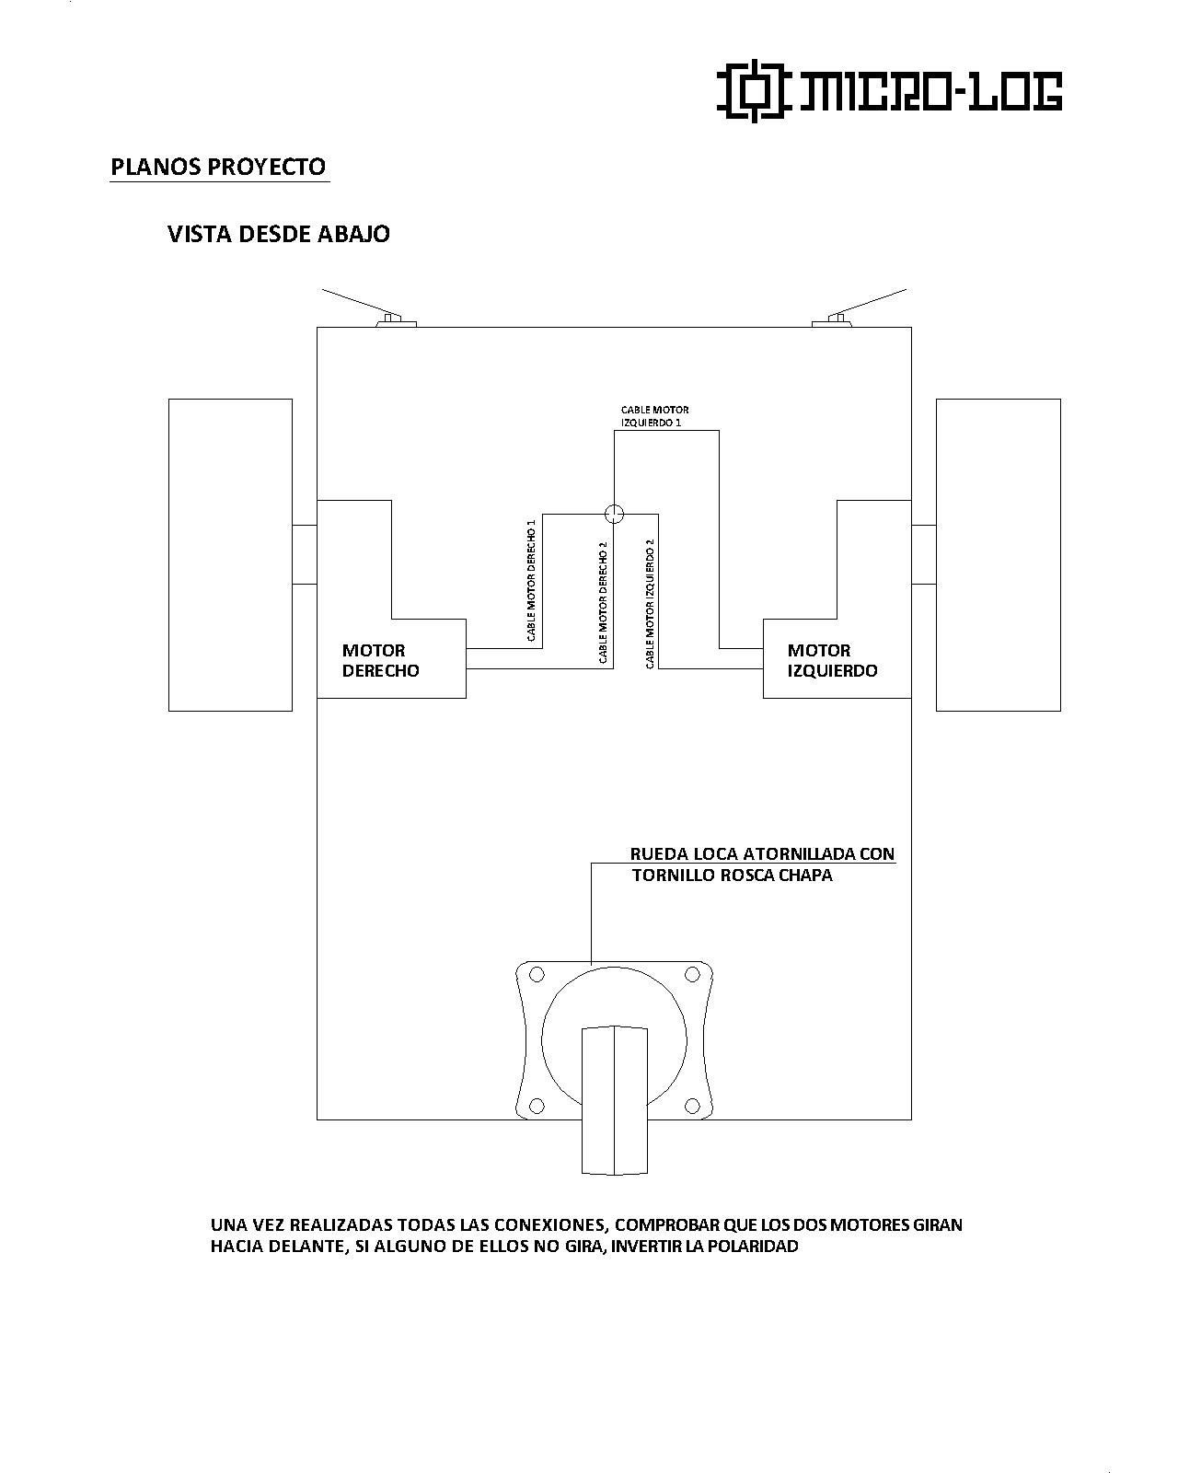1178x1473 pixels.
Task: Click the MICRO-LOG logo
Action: click(889, 91)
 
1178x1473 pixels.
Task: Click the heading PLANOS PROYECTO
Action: click(218, 167)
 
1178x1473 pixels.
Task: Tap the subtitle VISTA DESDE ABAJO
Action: click(278, 234)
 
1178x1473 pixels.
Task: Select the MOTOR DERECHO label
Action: click(380, 660)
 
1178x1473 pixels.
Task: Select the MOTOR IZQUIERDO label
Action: click(832, 660)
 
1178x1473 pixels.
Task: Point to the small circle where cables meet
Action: click(614, 513)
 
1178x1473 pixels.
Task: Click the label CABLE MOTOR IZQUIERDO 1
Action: click(654, 416)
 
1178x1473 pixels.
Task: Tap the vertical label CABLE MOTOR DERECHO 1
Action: click(531, 580)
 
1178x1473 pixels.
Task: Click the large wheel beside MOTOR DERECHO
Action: click(230, 554)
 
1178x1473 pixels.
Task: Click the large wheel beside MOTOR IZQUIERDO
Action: click(998, 554)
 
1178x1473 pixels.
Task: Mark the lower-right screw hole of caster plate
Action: click(691, 1105)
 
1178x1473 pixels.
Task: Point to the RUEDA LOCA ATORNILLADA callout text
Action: click(762, 864)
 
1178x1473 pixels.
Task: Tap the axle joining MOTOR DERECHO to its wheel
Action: click(305, 554)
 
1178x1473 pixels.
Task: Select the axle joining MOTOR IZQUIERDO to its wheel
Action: click(923, 554)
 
